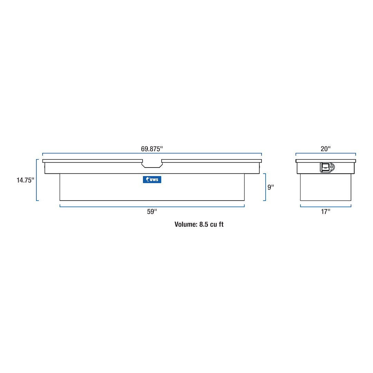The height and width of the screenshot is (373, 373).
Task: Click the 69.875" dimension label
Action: pyautogui.click(x=152, y=149)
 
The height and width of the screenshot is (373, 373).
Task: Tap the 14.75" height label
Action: pyautogui.click(x=25, y=180)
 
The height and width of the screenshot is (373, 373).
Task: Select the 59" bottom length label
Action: pyautogui.click(x=152, y=212)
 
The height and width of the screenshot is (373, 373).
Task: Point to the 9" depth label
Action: pyautogui.click(x=270, y=187)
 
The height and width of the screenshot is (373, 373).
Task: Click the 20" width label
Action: pyautogui.click(x=325, y=149)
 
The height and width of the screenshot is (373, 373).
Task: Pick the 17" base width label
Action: pyautogui.click(x=325, y=212)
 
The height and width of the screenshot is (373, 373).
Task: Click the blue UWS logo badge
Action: pyautogui.click(x=152, y=180)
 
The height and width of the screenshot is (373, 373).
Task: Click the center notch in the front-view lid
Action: pyautogui.click(x=152, y=164)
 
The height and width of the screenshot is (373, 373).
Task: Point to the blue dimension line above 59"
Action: pyautogui.click(x=152, y=206)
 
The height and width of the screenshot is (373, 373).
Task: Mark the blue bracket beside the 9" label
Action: pyautogui.click(x=265, y=187)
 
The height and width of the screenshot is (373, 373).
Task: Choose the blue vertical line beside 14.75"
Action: pyautogui.click(x=37, y=180)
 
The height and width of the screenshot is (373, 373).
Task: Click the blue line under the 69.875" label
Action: pyautogui.click(x=152, y=153)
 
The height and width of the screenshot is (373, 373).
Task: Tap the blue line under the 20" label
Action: pyautogui.click(x=326, y=153)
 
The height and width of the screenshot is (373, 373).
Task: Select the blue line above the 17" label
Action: pyautogui.click(x=326, y=207)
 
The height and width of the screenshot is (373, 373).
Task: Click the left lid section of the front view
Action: pyautogui.click(x=92, y=161)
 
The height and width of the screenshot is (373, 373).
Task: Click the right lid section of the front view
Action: pyautogui.click(x=211, y=161)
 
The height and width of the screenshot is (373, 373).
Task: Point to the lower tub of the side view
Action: pyautogui.click(x=326, y=187)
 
